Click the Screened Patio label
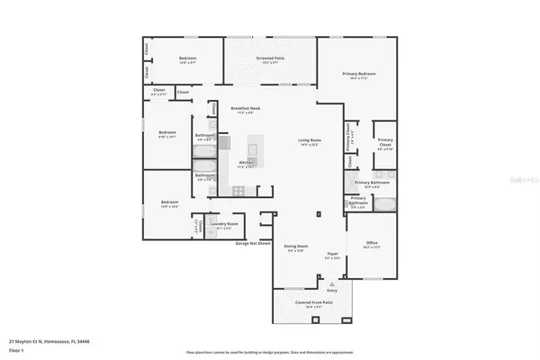[x=270, y=59]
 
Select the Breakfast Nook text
[x=246, y=109]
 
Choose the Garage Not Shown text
[x=252, y=242]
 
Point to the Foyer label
[x=331, y=254]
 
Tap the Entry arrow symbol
[x=332, y=283]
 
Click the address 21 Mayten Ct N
[x=49, y=341]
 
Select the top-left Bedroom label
[x=186, y=58]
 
